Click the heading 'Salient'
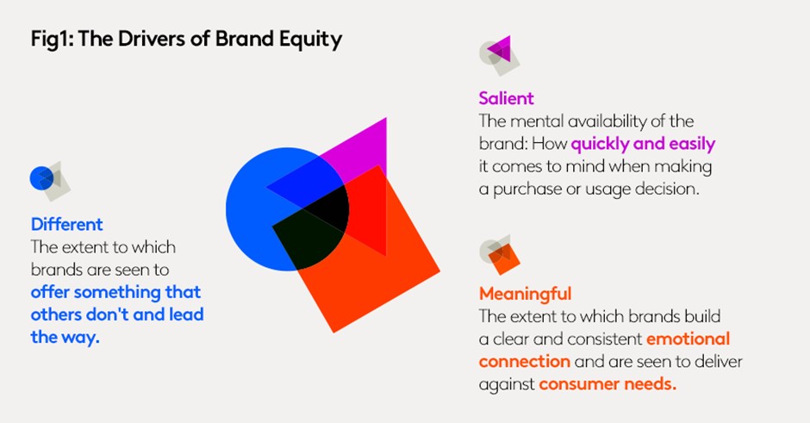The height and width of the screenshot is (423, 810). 507,98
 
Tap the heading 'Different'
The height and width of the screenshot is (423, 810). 66,224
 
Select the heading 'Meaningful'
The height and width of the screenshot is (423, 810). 526,294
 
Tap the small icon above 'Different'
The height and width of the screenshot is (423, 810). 50,181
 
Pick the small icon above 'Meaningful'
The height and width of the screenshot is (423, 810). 500,255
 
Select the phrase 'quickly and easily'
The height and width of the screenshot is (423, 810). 643,144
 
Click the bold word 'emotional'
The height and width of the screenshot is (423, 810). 688,339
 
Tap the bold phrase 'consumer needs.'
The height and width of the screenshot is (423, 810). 607,383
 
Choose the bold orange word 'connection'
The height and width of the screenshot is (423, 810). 524,362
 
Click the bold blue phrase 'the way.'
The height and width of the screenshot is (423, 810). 65,337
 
